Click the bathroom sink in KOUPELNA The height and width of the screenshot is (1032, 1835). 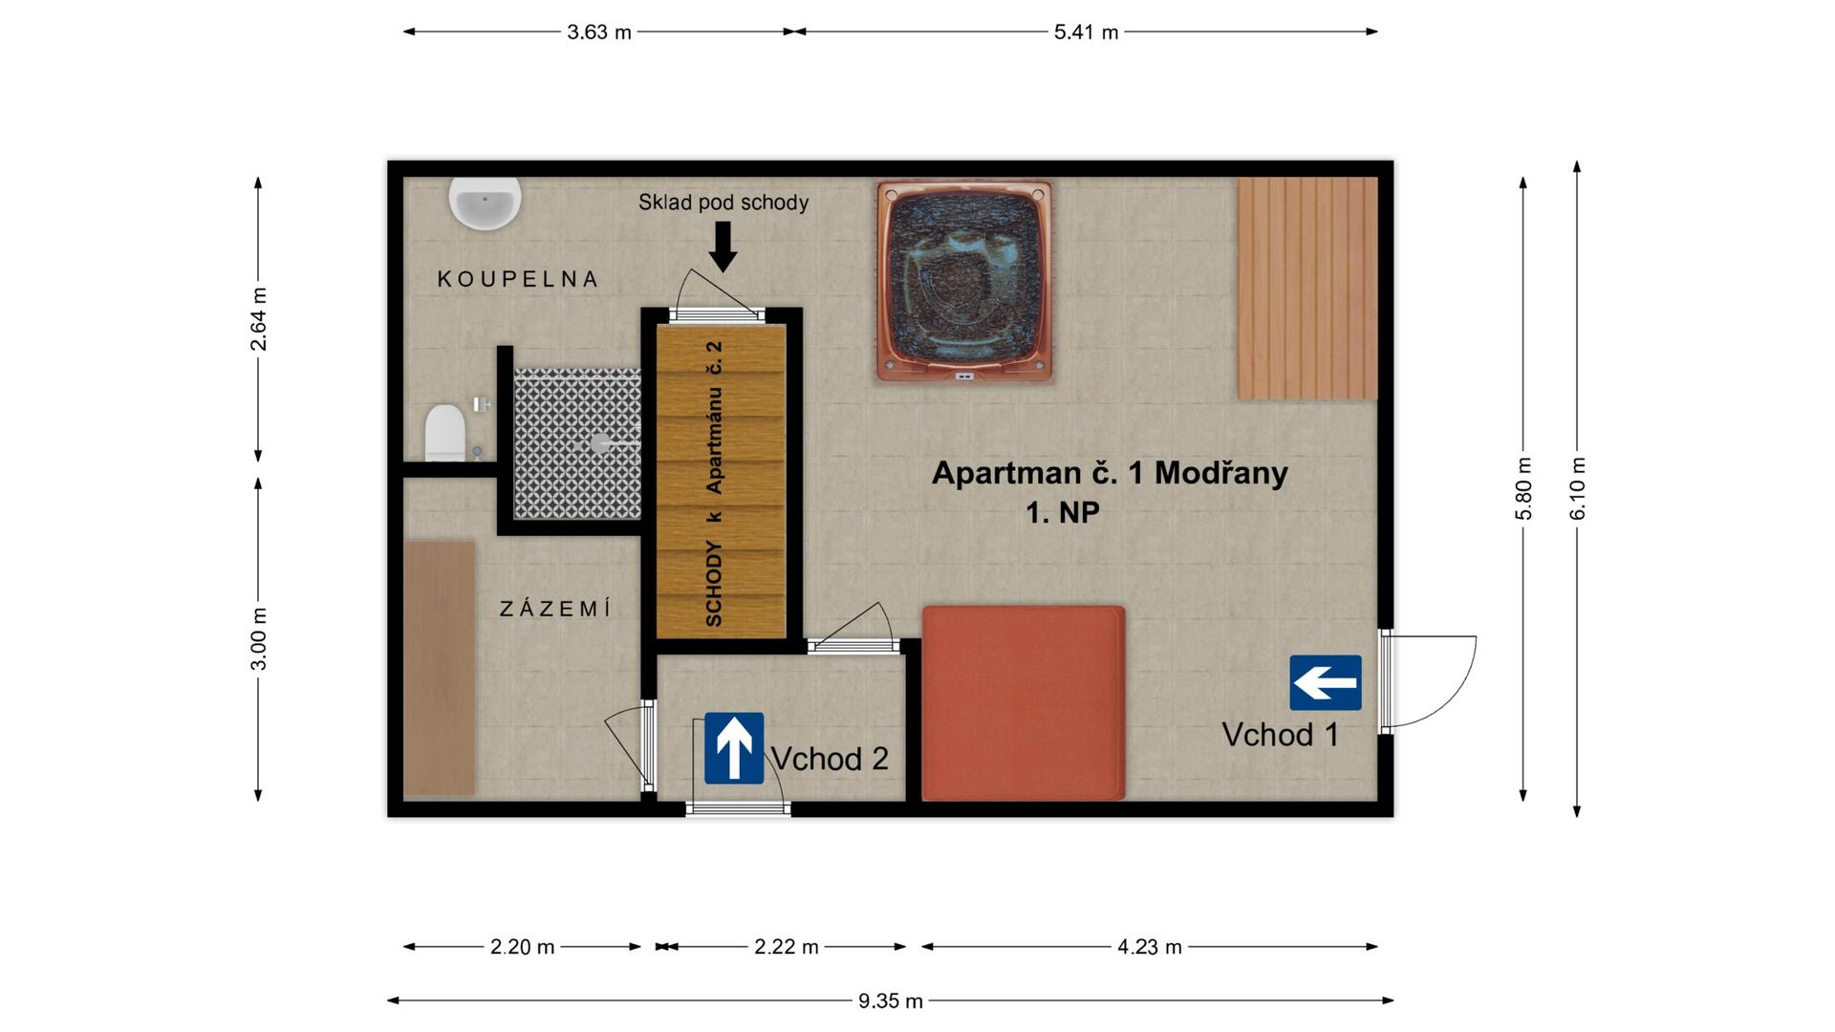[486, 203]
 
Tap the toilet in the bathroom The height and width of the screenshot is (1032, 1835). [444, 433]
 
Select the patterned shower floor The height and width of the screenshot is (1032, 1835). [577, 443]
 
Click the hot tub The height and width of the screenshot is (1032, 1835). [964, 282]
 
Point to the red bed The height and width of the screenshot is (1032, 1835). [1023, 702]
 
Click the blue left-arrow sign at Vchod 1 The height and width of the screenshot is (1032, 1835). [1326, 682]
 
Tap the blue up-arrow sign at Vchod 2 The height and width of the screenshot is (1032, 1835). [734, 748]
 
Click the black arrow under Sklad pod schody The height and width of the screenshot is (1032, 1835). [723, 247]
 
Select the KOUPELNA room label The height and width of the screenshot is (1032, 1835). [518, 279]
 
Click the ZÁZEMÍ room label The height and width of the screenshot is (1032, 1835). [555, 609]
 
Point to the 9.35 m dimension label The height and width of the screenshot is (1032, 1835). [891, 1000]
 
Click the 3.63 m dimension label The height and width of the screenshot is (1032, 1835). [599, 32]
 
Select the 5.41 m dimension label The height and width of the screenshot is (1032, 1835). [1086, 32]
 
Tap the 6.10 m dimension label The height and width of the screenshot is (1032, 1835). [1577, 488]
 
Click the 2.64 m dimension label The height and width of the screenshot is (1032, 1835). [258, 318]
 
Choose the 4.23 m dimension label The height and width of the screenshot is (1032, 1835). [1150, 947]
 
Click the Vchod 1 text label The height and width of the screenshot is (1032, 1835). [1281, 735]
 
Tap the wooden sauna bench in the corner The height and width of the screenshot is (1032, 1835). [1307, 288]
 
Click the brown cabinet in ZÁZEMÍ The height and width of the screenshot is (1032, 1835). [440, 669]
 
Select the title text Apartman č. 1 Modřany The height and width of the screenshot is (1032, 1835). [1110, 473]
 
